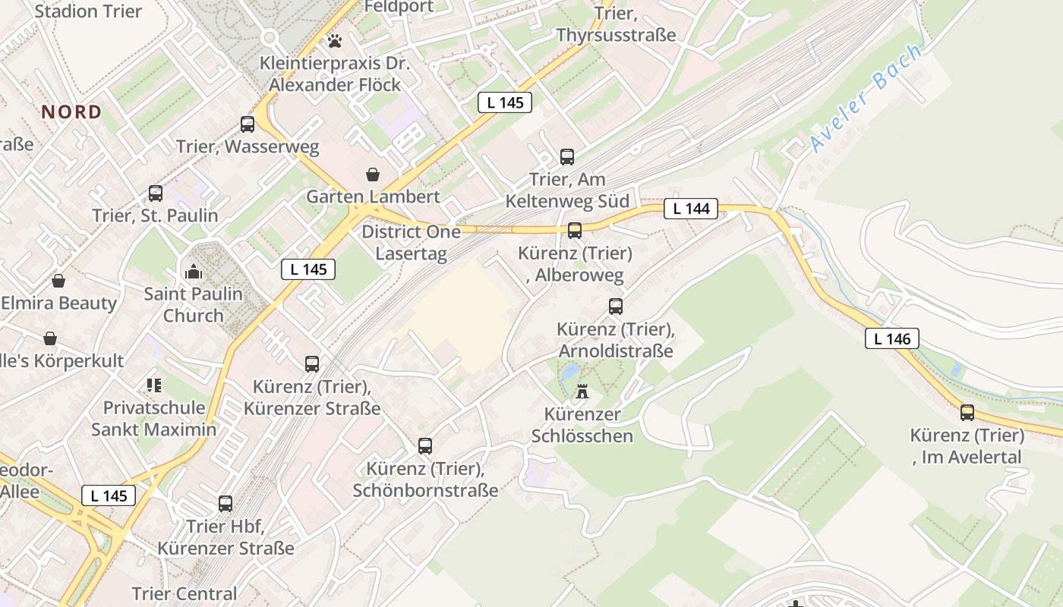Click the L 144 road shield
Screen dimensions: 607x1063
coord(690,209)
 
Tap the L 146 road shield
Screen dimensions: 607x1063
coord(891,338)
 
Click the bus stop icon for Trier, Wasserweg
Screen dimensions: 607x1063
coord(248,124)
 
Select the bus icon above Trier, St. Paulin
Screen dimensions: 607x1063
coord(156,193)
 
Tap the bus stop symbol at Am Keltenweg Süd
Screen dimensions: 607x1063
coord(567,157)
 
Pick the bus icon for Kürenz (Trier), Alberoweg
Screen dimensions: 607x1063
coord(575,231)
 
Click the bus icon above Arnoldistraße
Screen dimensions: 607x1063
coord(616,307)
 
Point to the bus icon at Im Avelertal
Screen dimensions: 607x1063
coord(967,413)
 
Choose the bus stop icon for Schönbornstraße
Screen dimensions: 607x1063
coord(425,446)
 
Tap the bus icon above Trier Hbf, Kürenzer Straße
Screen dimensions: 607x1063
coord(226,503)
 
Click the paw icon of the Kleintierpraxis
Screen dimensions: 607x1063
coord(335,40)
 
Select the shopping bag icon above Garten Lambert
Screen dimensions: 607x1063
coord(373,175)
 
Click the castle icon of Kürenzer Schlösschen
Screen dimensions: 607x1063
coord(582,392)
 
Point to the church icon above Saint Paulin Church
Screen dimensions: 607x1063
coord(194,271)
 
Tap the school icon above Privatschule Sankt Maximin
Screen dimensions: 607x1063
coord(154,385)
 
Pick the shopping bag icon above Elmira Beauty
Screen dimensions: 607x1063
coord(58,281)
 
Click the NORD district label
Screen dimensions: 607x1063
coord(71,112)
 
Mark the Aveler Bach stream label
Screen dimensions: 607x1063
coord(866,99)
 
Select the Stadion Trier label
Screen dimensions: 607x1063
coord(88,11)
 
